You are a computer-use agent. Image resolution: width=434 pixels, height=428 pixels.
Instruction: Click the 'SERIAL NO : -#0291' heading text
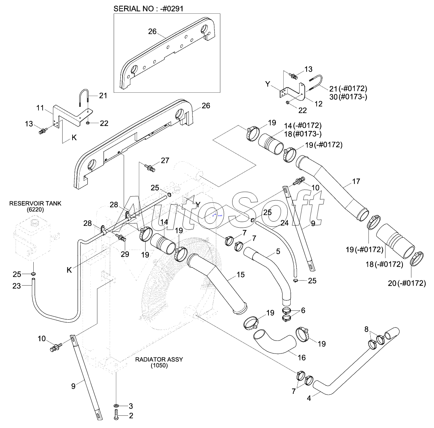(x=148, y=9)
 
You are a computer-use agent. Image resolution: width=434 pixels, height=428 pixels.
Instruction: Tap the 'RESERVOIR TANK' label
(x=35, y=203)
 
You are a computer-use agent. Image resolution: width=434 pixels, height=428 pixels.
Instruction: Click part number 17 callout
(x=356, y=181)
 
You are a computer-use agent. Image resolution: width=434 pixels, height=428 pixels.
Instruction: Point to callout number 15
(x=241, y=275)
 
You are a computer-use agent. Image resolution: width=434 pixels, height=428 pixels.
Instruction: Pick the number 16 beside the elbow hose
(x=302, y=358)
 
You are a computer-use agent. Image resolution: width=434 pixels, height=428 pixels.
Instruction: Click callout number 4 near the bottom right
(x=309, y=398)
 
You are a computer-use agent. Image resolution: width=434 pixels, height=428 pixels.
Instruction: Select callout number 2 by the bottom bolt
(x=131, y=416)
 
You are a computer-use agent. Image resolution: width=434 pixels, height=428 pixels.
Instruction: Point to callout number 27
(x=165, y=160)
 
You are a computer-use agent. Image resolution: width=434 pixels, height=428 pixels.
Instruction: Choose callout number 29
(x=125, y=254)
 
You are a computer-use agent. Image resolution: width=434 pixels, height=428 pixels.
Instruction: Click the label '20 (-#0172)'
(x=407, y=283)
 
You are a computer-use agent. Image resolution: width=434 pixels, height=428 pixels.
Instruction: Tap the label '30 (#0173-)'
(x=348, y=97)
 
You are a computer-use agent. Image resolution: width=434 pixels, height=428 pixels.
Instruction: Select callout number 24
(x=284, y=223)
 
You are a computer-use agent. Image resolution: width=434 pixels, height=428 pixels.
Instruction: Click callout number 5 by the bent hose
(x=278, y=251)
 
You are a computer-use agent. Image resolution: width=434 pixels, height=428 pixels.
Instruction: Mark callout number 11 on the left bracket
(x=40, y=108)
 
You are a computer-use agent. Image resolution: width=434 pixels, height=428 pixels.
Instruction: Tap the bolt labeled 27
(x=150, y=167)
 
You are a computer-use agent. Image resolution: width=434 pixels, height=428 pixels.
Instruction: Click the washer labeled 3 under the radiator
(x=116, y=405)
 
